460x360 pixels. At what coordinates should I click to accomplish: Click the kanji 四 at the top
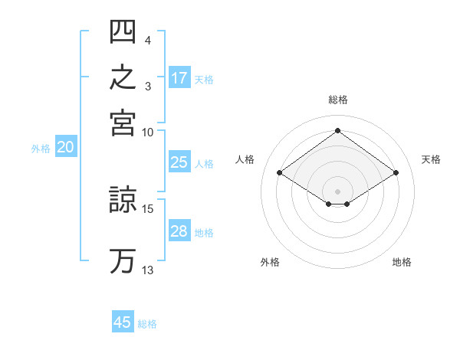click(x=123, y=31)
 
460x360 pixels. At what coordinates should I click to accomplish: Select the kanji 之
click(x=123, y=77)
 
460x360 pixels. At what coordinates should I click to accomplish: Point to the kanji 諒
click(x=123, y=199)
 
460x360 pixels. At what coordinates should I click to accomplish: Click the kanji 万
click(x=123, y=261)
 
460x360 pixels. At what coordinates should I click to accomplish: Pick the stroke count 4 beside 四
click(x=147, y=41)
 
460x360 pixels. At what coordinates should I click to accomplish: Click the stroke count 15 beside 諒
click(x=147, y=209)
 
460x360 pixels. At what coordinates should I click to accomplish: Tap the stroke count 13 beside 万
click(x=147, y=270)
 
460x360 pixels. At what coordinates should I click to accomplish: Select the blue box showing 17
click(x=179, y=77)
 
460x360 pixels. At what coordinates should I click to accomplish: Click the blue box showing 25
click(x=179, y=162)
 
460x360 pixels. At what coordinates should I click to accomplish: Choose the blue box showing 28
click(x=179, y=230)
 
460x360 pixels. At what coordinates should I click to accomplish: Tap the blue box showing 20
click(x=66, y=146)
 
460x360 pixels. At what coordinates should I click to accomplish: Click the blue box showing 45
click(x=123, y=321)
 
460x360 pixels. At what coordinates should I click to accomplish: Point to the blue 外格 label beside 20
click(x=41, y=149)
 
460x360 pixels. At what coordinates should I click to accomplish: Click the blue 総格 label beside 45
click(x=147, y=324)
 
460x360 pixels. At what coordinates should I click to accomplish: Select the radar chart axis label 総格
click(x=338, y=100)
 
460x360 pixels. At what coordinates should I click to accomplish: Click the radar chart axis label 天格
click(x=431, y=159)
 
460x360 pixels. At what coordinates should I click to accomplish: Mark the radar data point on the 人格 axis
click(x=280, y=172)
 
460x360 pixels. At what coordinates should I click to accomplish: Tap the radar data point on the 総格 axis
click(x=337, y=130)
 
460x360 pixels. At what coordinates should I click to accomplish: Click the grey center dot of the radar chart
click(x=337, y=191)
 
